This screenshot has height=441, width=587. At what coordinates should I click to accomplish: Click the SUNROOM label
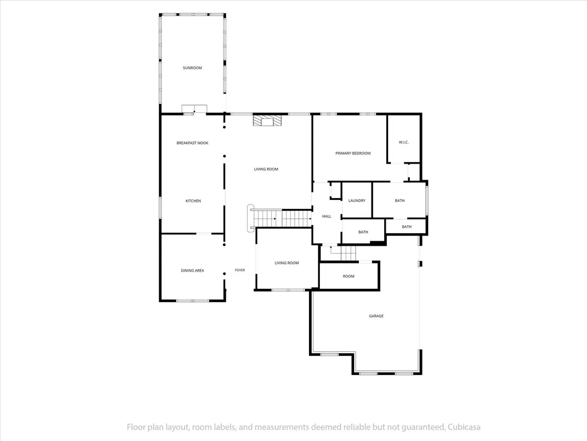click(x=192, y=68)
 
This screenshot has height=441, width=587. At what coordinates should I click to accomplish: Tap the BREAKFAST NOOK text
click(x=193, y=143)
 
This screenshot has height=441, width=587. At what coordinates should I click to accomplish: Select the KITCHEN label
click(x=193, y=201)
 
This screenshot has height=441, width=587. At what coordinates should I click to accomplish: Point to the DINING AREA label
click(x=193, y=270)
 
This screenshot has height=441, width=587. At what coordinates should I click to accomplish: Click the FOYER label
click(x=240, y=270)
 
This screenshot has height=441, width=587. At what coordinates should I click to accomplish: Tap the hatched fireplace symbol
click(x=267, y=121)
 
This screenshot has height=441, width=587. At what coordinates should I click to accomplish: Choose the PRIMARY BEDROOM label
click(x=353, y=153)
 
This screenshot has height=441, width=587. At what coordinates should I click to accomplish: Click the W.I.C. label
click(x=404, y=142)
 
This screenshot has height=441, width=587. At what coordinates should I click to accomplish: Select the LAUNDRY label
click(x=357, y=200)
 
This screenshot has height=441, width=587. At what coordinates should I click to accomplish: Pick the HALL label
click(x=326, y=216)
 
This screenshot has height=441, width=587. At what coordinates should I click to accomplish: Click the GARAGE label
click(x=376, y=316)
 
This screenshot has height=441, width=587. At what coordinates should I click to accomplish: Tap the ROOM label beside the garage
click(x=349, y=276)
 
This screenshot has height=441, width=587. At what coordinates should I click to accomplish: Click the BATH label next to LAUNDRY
click(x=400, y=200)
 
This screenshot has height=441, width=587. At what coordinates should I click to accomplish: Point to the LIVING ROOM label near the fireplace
click(x=266, y=169)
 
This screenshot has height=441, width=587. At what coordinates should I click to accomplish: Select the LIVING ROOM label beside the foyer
click(x=287, y=263)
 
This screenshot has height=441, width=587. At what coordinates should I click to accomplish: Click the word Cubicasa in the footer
click(x=464, y=427)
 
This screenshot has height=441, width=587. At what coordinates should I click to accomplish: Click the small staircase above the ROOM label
click(x=343, y=253)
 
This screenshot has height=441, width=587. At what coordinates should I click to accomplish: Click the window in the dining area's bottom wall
click(x=193, y=300)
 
